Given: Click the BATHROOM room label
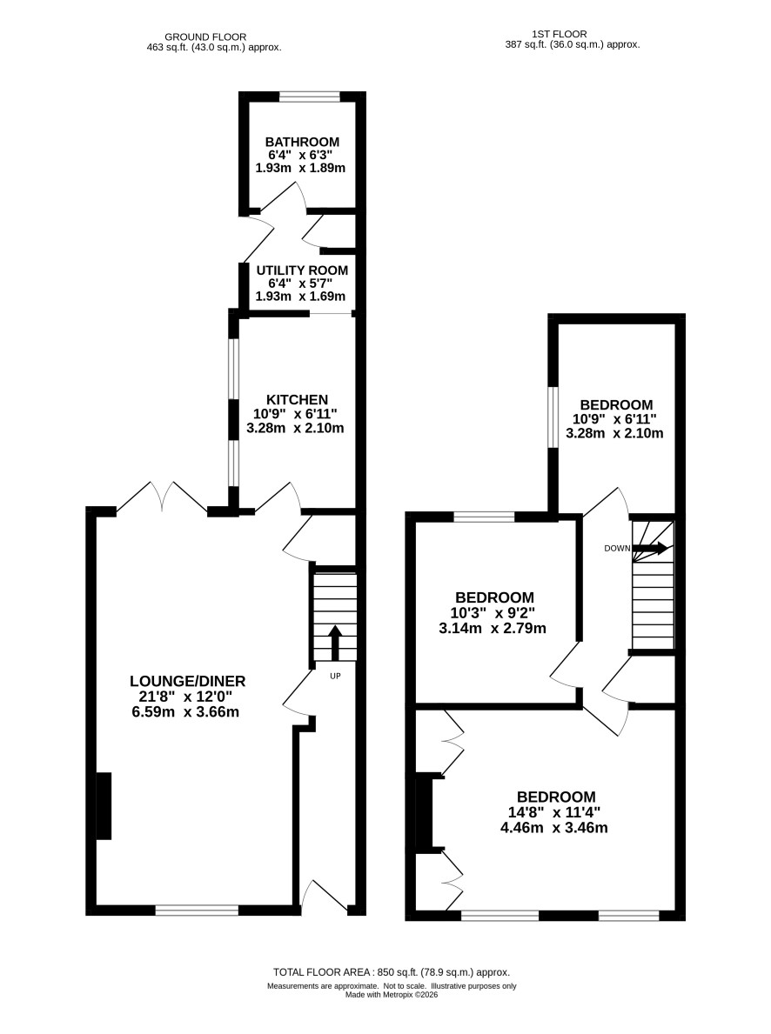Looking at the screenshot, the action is click(x=302, y=142).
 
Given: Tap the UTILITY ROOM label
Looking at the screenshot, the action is click(x=302, y=270).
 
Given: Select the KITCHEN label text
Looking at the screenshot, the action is click(x=297, y=400).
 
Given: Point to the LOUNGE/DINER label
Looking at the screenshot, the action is click(x=187, y=681).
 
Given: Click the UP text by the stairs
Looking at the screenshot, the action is click(x=335, y=676).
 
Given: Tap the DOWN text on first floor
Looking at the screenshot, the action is click(x=617, y=548).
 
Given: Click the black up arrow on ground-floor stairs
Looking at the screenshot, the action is click(x=335, y=643).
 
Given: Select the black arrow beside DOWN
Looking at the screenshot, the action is click(x=650, y=547).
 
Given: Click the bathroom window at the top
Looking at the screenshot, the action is click(x=310, y=97).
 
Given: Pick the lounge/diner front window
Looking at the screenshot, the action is click(x=197, y=910).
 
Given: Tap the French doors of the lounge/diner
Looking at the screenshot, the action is click(x=162, y=497).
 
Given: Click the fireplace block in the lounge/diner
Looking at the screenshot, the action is click(x=104, y=806).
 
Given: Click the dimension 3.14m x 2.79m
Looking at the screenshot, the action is click(x=493, y=629).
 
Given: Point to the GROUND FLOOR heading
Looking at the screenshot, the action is click(x=205, y=37).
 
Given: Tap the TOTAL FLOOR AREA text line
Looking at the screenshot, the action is click(x=392, y=972).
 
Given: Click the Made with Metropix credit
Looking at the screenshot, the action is click(x=392, y=995).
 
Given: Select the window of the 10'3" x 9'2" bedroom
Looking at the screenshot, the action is click(x=484, y=517).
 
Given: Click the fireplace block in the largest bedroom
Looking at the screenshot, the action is click(x=423, y=812).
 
